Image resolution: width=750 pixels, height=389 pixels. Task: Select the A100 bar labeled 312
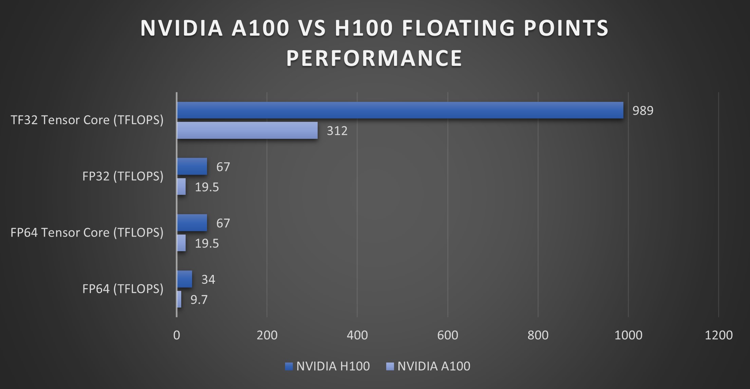coord(247,131)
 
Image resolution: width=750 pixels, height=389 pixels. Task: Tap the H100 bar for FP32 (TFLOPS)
coord(192,166)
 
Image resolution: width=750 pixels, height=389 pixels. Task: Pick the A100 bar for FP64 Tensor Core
coord(181,243)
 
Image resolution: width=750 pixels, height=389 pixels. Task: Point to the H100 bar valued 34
coord(185,279)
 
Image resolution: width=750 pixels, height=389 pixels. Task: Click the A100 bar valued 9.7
coord(179,299)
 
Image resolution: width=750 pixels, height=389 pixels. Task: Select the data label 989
coord(643,111)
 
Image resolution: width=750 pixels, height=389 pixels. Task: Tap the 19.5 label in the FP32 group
coord(207,187)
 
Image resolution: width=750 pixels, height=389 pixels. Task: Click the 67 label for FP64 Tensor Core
coord(223,223)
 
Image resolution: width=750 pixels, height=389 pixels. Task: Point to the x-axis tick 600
coord(448,335)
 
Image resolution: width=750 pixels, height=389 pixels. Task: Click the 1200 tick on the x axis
coord(718,335)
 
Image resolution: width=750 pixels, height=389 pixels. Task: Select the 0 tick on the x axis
coord(176,335)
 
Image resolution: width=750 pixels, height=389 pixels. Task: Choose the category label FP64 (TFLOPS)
coord(123,289)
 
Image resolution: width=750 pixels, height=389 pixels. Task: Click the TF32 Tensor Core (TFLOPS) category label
coord(87,120)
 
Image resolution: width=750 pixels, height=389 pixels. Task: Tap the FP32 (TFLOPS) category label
coord(123,176)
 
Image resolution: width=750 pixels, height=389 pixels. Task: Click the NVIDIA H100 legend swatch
coord(289,367)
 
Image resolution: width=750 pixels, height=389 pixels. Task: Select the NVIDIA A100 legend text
coord(434,366)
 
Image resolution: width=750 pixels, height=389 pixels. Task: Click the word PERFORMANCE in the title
coord(374,58)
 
